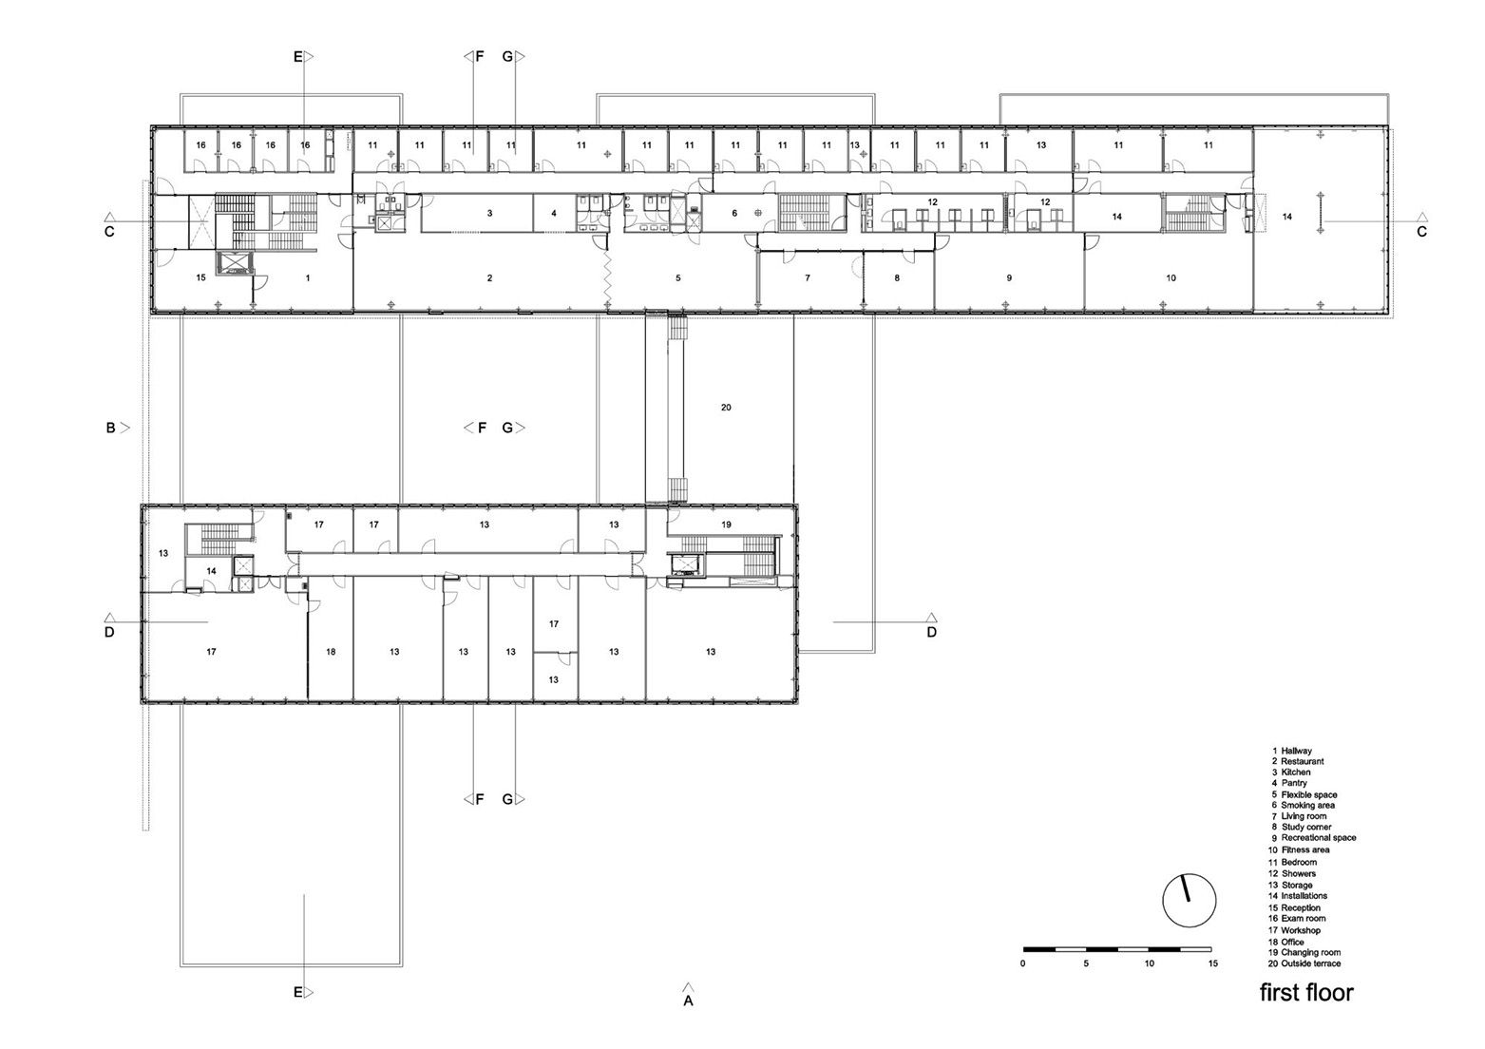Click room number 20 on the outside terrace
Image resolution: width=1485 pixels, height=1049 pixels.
[726, 408]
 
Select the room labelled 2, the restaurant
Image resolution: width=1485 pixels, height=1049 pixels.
[489, 278]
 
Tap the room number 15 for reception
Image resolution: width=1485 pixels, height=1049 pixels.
[200, 278]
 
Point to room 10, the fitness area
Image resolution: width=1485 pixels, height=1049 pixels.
[1171, 278]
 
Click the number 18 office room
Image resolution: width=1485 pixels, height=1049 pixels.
[331, 652]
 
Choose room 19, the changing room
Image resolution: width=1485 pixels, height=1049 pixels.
[726, 524]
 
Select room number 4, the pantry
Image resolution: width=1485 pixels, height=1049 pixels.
[554, 214]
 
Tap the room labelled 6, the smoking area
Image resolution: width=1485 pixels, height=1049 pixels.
[734, 214]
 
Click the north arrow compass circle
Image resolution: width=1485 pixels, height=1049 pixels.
[1190, 899]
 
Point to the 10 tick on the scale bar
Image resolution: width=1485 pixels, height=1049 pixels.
[1149, 963]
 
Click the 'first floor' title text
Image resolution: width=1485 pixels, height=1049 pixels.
[1306, 993]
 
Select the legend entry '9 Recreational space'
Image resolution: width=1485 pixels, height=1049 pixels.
[1312, 838]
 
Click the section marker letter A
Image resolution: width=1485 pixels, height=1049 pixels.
[689, 1001]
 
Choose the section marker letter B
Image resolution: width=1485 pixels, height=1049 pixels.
[110, 429]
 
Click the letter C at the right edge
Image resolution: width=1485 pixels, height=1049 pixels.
[1421, 232]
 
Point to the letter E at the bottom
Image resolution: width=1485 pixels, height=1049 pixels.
[297, 993]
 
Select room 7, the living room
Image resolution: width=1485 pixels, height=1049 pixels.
[808, 278]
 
